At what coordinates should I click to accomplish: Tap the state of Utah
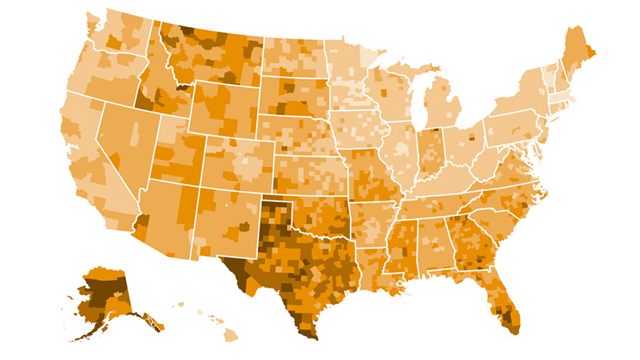(178, 154)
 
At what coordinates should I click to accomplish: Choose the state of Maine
(578, 55)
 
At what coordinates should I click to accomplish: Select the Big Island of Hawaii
(231, 334)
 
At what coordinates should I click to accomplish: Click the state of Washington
(117, 37)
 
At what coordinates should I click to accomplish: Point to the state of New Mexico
(223, 220)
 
